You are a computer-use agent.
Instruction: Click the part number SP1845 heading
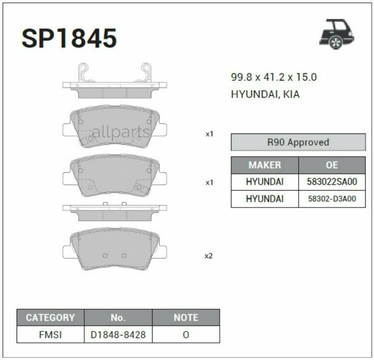click(x=69, y=39)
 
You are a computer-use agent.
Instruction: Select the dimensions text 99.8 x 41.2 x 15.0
click(x=274, y=77)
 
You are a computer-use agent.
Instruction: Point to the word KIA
click(x=291, y=94)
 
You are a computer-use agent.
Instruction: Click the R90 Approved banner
click(x=298, y=142)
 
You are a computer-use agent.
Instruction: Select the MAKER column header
click(x=265, y=165)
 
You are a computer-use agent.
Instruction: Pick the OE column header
click(x=332, y=165)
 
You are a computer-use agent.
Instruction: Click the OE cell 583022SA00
click(x=332, y=182)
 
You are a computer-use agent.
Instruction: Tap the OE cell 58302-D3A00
click(x=332, y=199)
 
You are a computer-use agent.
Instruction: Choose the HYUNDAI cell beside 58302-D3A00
click(x=265, y=199)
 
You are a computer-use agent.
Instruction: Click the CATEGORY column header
click(x=50, y=318)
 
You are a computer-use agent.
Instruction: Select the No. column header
click(x=118, y=318)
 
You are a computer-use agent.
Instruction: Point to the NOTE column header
click(x=186, y=318)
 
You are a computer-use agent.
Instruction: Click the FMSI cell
click(x=50, y=334)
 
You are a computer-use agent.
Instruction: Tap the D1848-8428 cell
click(x=118, y=334)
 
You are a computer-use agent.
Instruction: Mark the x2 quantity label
click(x=209, y=256)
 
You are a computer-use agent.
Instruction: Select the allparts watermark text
click(x=121, y=132)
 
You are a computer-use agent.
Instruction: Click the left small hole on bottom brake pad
click(x=105, y=255)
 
